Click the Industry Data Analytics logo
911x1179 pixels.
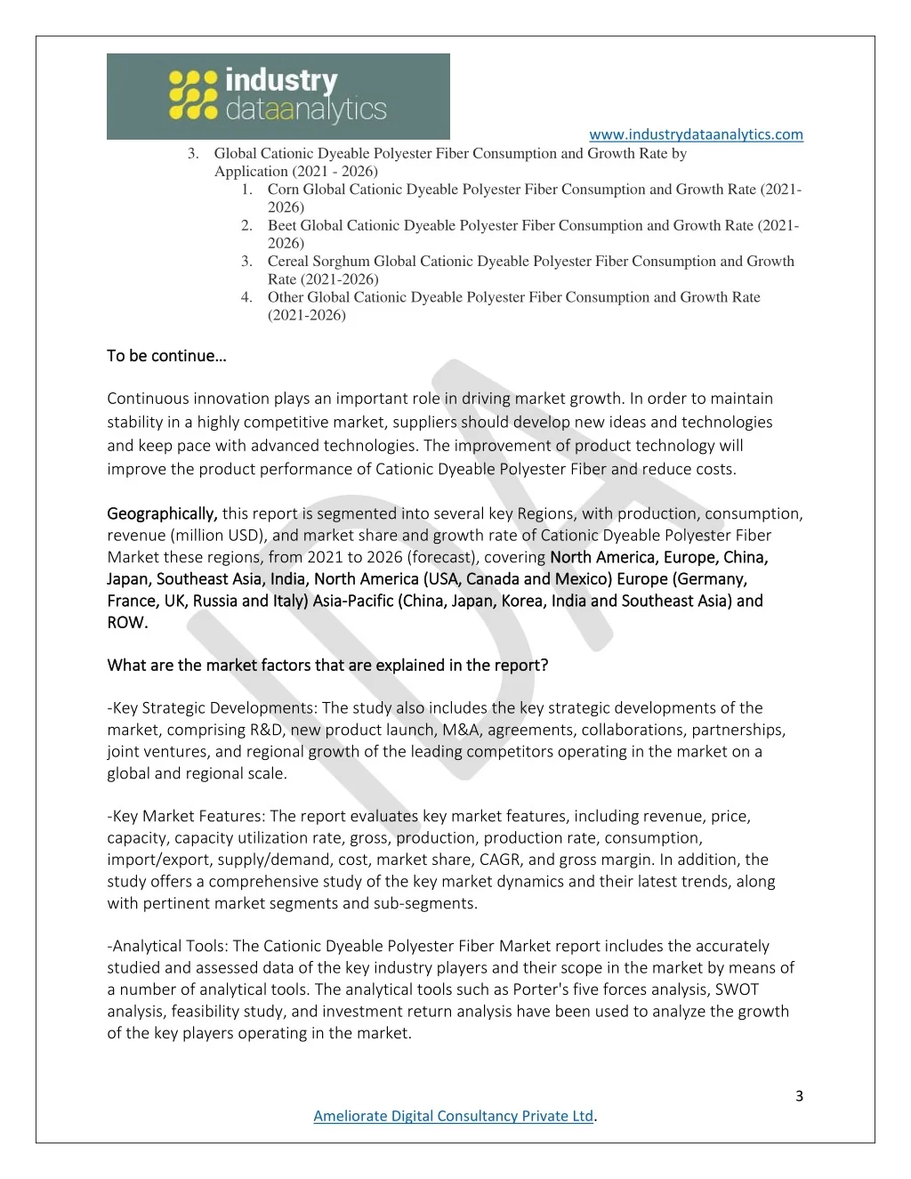[x=278, y=96]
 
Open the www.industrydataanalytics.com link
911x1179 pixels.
[x=696, y=134]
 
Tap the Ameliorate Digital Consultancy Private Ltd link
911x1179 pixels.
[x=453, y=1116]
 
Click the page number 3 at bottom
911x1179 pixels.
[x=799, y=1096]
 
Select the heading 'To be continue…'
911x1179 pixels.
[x=166, y=356]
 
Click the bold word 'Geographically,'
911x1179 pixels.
[x=162, y=513]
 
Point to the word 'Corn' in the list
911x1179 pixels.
[x=283, y=190]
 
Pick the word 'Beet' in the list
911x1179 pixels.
[x=282, y=226]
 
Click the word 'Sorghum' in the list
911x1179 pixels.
[x=343, y=262]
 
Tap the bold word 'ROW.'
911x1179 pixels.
[x=127, y=623]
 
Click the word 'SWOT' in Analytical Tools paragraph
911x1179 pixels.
[x=737, y=989]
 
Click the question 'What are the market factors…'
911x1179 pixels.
[x=327, y=666]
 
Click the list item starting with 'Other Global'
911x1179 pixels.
[x=513, y=297]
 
